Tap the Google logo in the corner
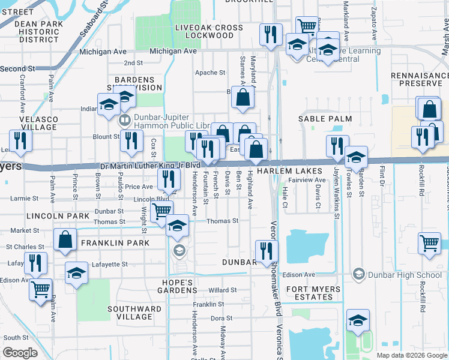(x=20, y=353)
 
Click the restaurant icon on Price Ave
(x=169, y=178)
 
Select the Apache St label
(x=210, y=73)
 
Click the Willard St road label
(x=223, y=290)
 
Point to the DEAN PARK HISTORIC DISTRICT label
(x=34, y=31)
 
